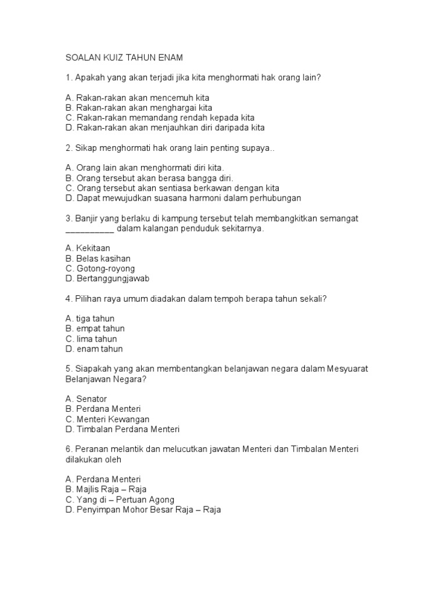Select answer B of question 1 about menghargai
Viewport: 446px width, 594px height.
(x=139, y=107)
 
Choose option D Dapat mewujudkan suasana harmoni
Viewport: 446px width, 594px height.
(x=183, y=198)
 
